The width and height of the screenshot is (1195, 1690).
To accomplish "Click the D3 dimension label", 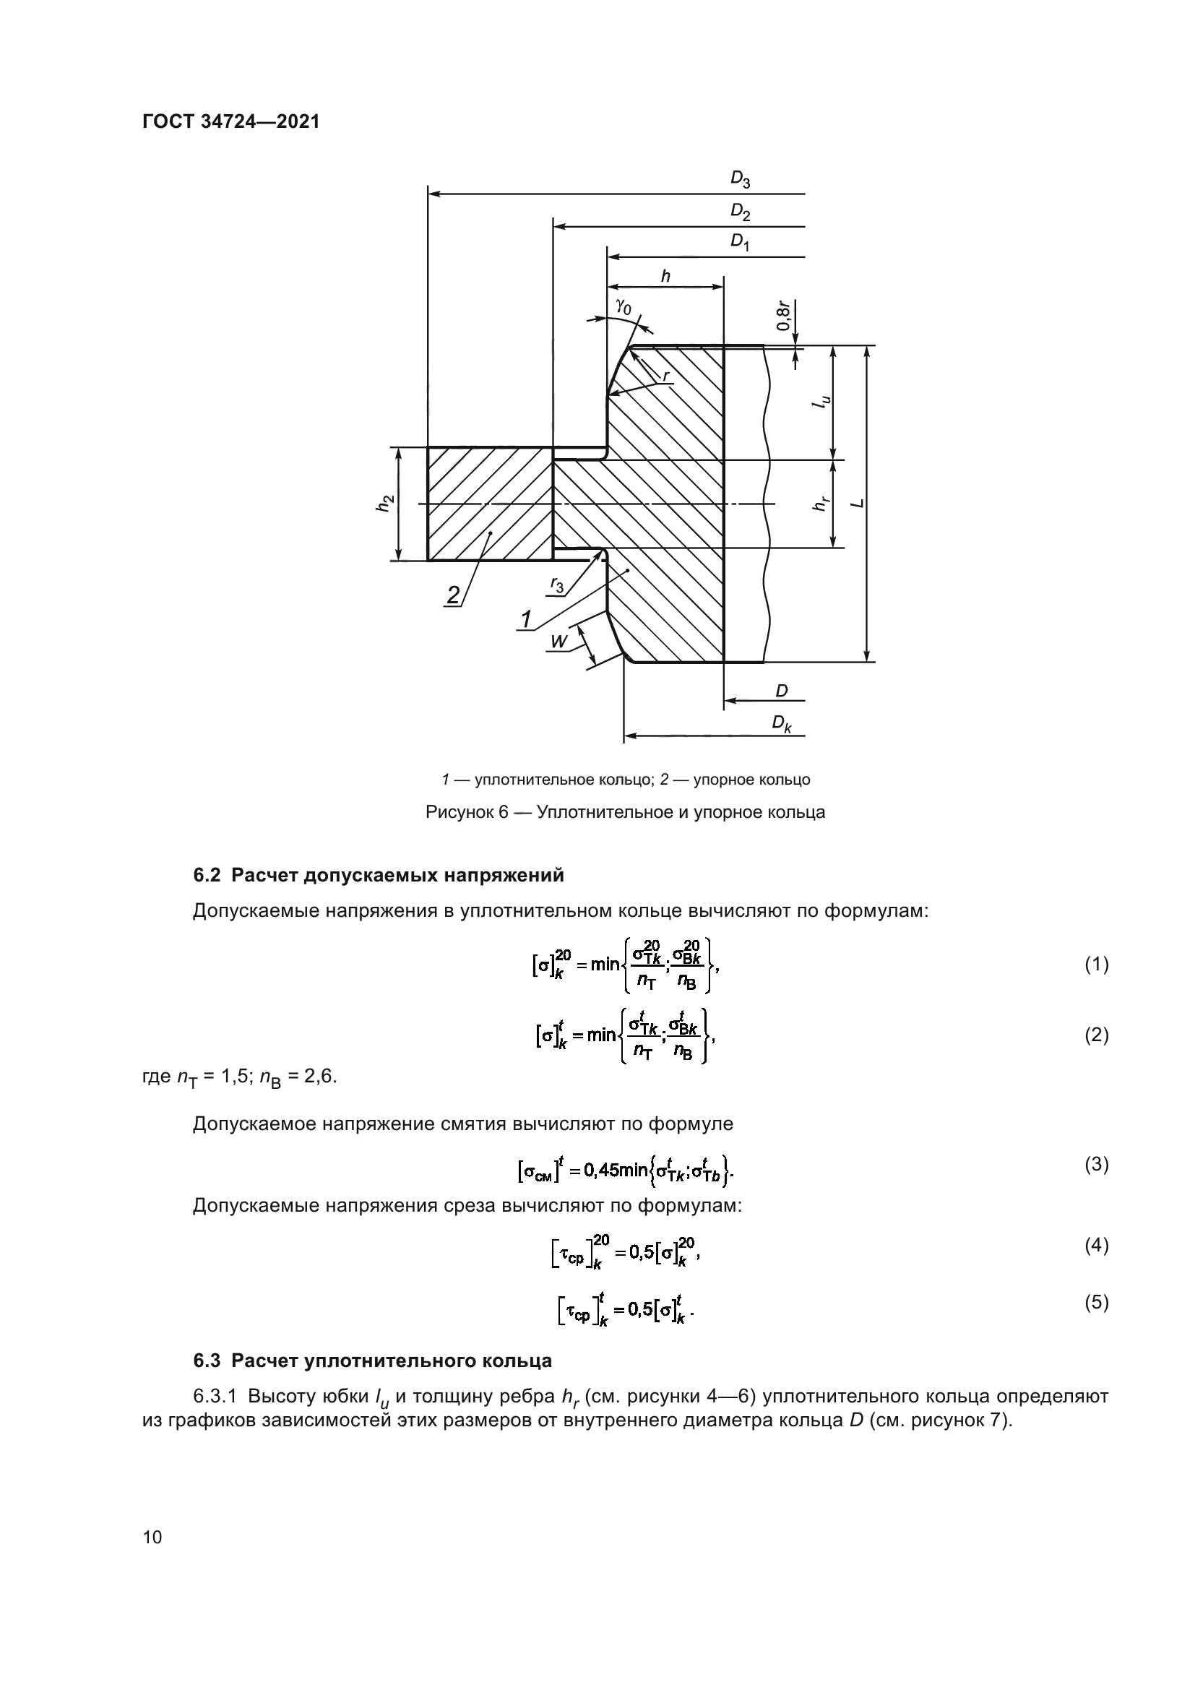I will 740,179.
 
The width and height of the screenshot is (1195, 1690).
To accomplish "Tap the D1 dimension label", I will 740,242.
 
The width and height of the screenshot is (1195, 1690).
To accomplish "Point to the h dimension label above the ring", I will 665,277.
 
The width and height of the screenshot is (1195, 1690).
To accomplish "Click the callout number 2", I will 453,595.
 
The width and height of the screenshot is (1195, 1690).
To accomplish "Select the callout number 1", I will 525,621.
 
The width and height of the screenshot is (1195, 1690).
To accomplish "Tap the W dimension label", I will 558,642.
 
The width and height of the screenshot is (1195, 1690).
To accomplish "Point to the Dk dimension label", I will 782,724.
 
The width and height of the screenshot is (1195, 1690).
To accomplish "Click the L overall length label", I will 855,504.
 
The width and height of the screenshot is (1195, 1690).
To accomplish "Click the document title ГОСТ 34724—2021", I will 231,122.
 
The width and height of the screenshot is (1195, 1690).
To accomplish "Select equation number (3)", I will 1097,1165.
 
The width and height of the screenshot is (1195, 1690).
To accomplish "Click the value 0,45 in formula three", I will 602,1169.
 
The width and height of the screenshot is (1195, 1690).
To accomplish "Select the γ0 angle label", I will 624,306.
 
